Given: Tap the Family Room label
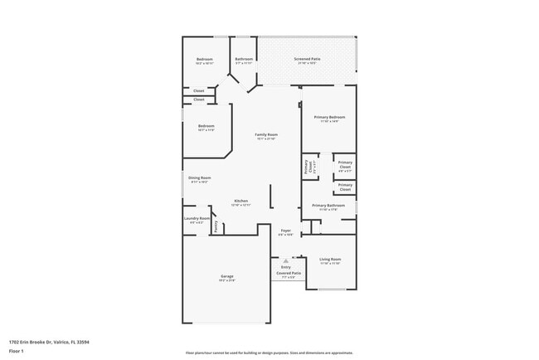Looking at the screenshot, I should pos(265,134).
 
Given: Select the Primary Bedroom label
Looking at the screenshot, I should pos(328,117).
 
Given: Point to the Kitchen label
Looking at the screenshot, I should pos(240,201).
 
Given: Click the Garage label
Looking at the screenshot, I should pos(226,276).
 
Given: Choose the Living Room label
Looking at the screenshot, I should pos(330,260).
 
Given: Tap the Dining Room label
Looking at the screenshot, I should pos(199,178).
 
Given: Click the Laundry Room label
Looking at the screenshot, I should pos(197,219).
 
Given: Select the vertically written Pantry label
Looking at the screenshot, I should pos(216,225).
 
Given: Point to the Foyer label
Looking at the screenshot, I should pos(285,231).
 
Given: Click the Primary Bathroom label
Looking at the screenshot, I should pos(328,205).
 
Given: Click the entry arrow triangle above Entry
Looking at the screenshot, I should pos(285,259).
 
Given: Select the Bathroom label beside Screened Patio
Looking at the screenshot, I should pos(244,59).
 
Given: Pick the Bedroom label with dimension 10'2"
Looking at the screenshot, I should pos(205,59).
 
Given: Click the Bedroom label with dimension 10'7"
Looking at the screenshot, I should pos(206,126).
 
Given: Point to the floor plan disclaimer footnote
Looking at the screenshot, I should pos(269,353).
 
